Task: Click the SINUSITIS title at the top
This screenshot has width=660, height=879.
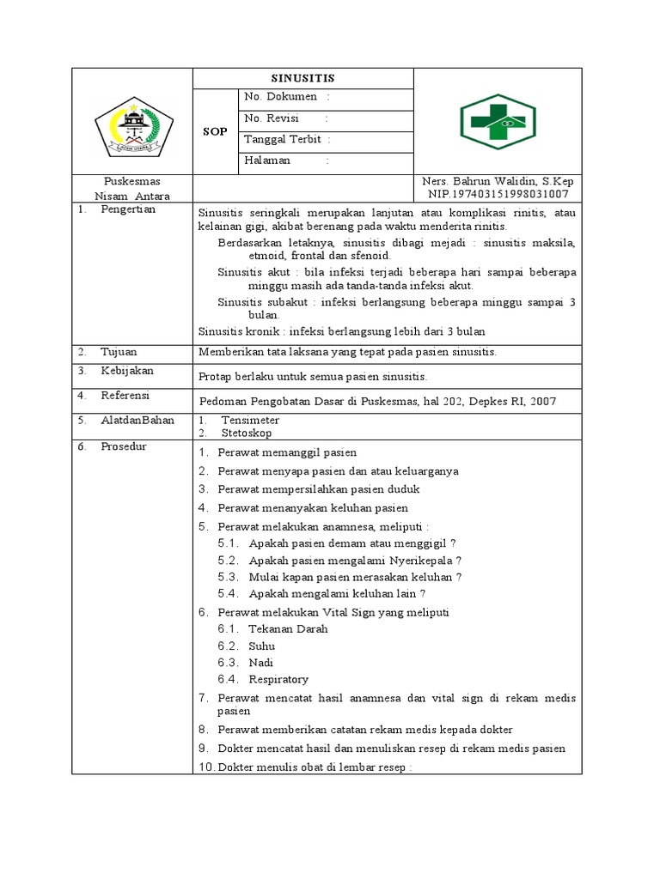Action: click(302, 78)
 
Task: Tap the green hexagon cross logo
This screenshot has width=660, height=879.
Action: click(498, 122)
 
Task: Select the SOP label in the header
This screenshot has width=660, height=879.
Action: click(215, 131)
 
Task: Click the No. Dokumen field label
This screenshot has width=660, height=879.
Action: click(280, 97)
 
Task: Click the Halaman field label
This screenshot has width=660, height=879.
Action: click(267, 161)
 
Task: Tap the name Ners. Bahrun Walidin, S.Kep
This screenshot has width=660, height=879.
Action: click(498, 182)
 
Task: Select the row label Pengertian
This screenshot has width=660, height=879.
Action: click(128, 210)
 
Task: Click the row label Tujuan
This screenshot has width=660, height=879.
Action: click(119, 352)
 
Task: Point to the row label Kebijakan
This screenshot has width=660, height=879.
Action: click(127, 371)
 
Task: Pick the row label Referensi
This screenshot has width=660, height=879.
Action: click(125, 396)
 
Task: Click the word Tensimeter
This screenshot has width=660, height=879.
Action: click(250, 421)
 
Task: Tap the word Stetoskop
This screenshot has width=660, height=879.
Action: click(247, 433)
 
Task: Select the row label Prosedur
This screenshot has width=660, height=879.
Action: click(124, 446)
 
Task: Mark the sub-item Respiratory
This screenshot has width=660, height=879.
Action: click(278, 680)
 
